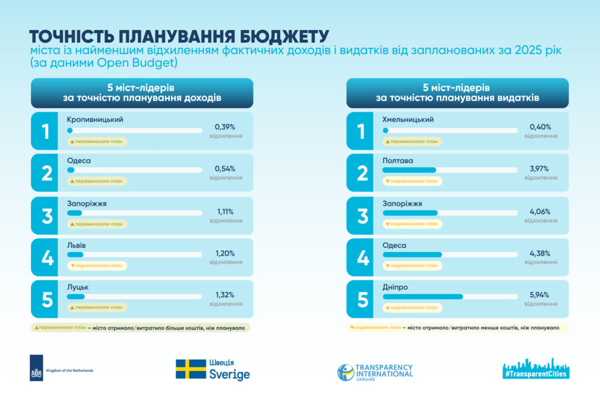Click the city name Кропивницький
point(95,120)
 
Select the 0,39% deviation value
point(225,127)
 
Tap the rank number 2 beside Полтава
point(362,173)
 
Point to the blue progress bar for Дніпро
point(422,297)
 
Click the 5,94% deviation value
point(540,295)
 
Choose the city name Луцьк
point(78,287)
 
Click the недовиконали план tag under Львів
point(97,266)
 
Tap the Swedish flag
point(191,369)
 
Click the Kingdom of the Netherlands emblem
point(36,368)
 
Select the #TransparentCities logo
point(536,369)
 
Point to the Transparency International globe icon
point(346,372)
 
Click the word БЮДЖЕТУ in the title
point(285,37)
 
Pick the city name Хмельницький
point(408,120)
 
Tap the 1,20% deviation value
point(225,253)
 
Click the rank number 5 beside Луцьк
point(47,300)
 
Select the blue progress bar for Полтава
point(409,170)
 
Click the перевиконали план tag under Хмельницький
point(412,141)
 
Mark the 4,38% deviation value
point(540,253)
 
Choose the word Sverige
point(229,374)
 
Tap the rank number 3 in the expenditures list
point(362,216)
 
